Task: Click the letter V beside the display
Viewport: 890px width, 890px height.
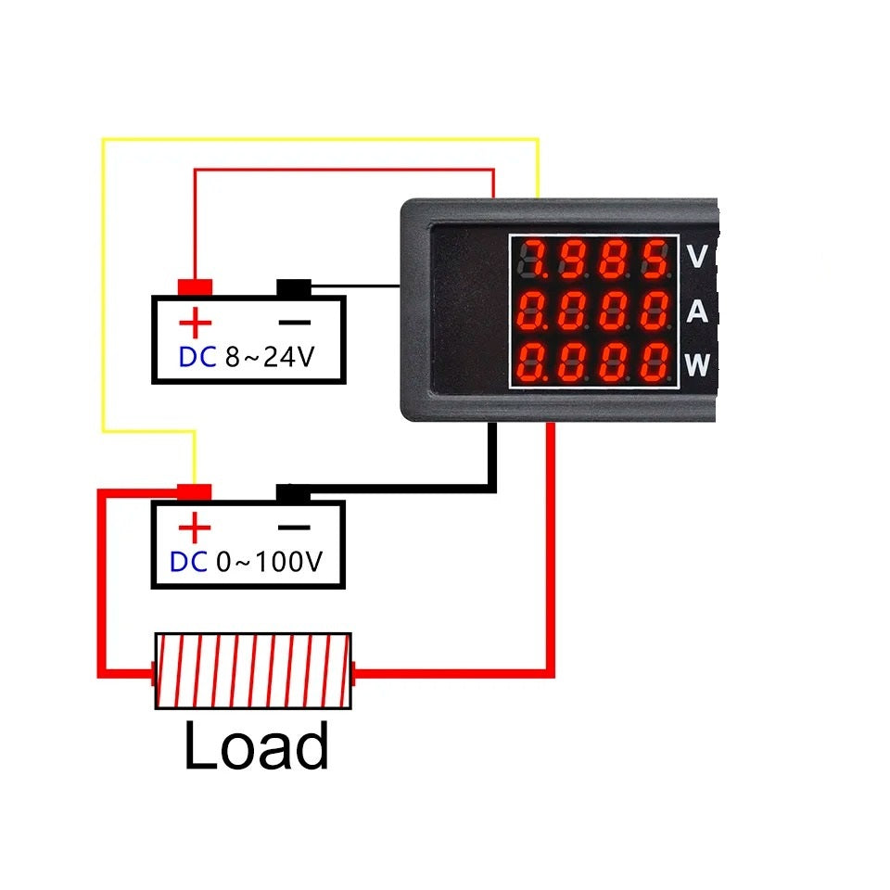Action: pyautogui.click(x=697, y=257)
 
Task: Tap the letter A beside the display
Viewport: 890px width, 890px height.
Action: pyautogui.click(x=697, y=312)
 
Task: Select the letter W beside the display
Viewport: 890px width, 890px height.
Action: pyautogui.click(x=698, y=365)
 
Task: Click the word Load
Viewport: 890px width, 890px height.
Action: pyautogui.click(x=257, y=746)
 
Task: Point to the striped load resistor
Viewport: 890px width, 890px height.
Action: pyautogui.click(x=253, y=671)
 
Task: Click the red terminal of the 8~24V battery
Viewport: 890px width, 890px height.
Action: pyautogui.click(x=196, y=287)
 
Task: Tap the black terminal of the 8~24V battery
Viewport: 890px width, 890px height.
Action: pyautogui.click(x=294, y=288)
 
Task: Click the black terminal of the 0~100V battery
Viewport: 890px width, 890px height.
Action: pyautogui.click(x=293, y=493)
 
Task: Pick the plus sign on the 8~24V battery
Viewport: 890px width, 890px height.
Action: pyautogui.click(x=196, y=324)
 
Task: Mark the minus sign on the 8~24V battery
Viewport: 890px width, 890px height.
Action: pyautogui.click(x=295, y=324)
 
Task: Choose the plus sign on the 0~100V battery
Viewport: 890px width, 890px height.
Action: pyautogui.click(x=195, y=528)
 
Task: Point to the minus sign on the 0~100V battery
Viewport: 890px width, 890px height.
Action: pyautogui.click(x=294, y=528)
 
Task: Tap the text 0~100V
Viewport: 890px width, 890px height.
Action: pyautogui.click(x=269, y=563)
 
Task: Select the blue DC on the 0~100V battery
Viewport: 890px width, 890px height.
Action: pyautogui.click(x=189, y=563)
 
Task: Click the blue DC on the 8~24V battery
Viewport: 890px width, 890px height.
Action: pyautogui.click(x=197, y=358)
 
